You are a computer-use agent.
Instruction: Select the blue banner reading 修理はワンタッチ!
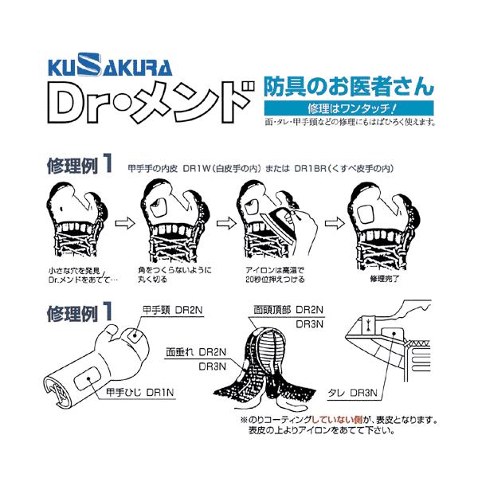tap(347, 108)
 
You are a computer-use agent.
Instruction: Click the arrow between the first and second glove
tap(120, 225)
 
